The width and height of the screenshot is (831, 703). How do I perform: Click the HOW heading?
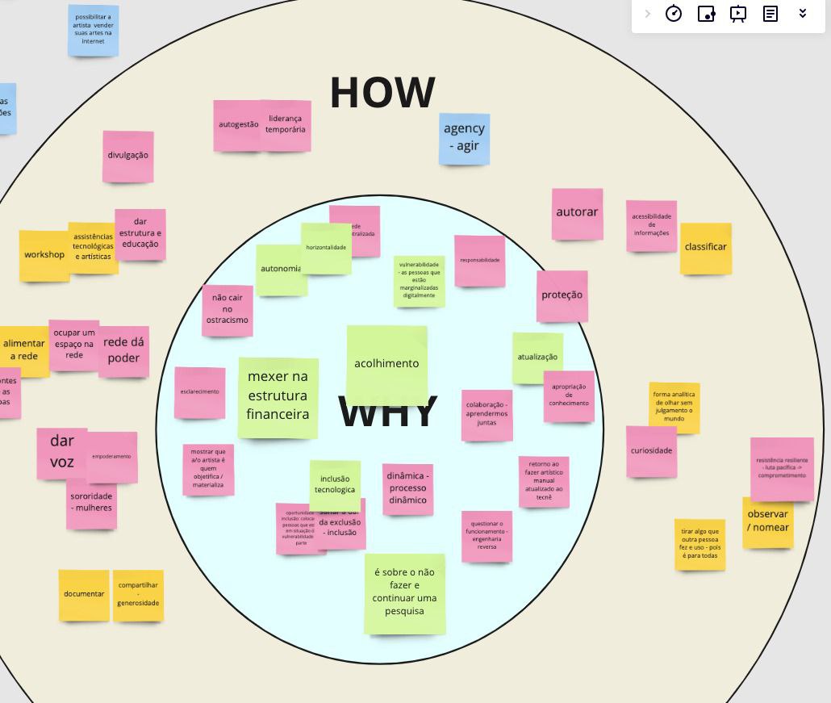click(382, 92)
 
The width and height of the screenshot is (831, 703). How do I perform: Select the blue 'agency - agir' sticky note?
click(464, 138)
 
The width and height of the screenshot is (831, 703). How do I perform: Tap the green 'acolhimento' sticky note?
click(386, 364)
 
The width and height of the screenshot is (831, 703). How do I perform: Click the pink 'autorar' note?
click(577, 213)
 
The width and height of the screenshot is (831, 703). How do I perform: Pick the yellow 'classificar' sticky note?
click(705, 248)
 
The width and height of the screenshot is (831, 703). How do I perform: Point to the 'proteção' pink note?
click(562, 295)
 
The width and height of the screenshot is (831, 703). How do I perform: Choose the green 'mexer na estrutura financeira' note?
click(278, 396)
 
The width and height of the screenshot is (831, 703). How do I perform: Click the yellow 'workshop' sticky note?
click(44, 255)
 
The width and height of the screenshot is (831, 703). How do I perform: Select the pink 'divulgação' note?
click(127, 156)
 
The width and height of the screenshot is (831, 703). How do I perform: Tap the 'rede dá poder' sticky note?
click(123, 350)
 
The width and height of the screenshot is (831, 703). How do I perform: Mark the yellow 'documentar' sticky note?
click(84, 595)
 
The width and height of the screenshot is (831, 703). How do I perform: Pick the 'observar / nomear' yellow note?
click(767, 521)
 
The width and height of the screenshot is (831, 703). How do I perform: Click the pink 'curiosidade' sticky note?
click(651, 451)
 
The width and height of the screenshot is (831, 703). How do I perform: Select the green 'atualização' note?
click(537, 357)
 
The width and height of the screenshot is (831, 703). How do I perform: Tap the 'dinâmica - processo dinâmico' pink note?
click(407, 488)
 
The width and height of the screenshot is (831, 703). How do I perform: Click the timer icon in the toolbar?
click(674, 14)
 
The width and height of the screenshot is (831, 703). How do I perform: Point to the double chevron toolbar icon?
click(803, 14)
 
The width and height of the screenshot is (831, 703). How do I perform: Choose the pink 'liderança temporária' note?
click(286, 124)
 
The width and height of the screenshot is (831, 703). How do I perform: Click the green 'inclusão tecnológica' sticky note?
click(335, 484)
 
